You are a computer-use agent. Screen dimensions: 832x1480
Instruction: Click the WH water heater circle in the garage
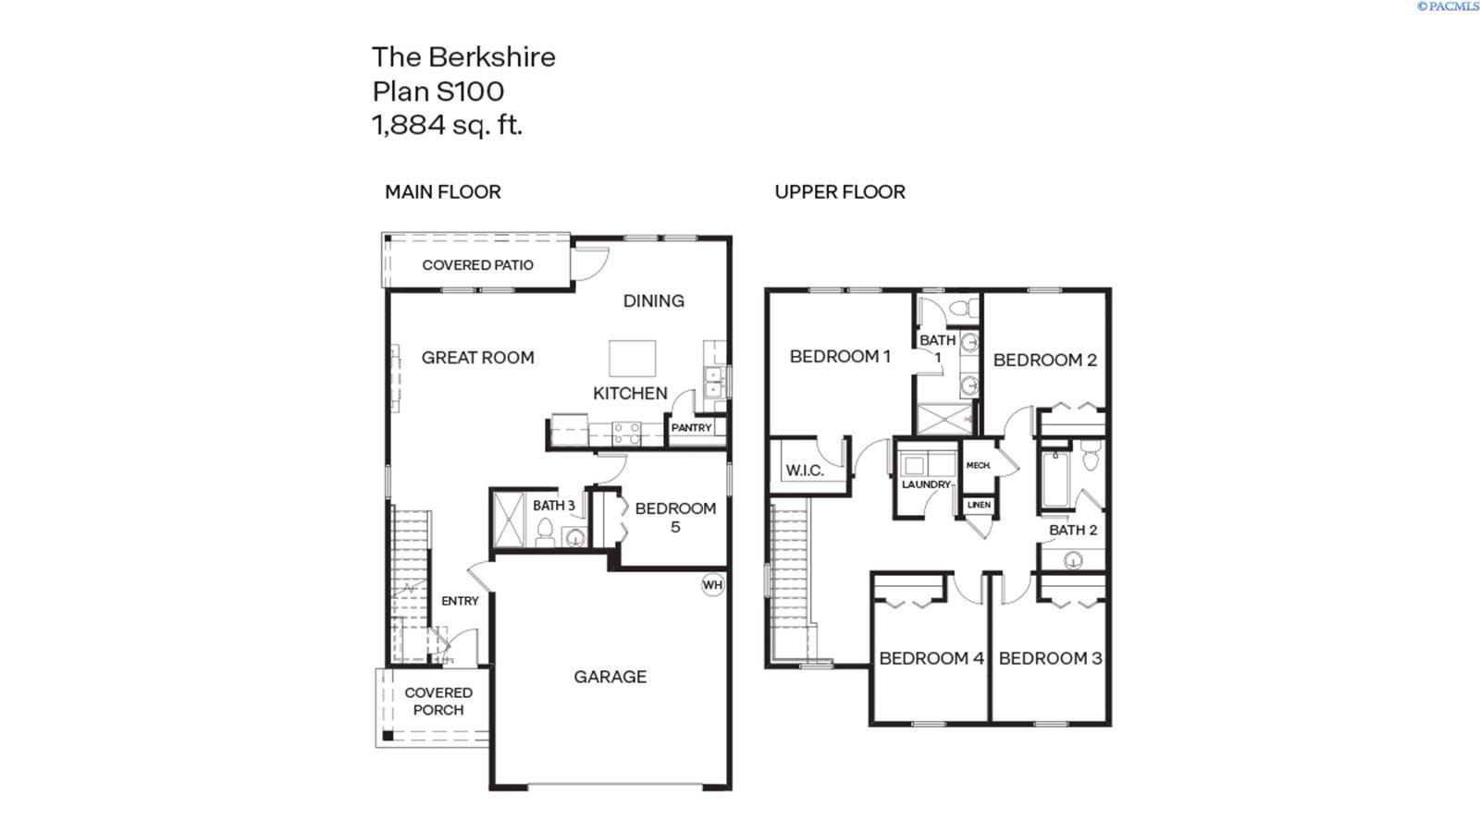[712, 585]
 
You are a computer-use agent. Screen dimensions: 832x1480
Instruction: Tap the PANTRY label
[691, 428]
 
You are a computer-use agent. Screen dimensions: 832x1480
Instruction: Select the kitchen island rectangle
[632, 358]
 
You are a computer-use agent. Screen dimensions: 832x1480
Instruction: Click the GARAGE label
[610, 677]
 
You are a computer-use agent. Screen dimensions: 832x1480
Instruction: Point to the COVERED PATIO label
[477, 265]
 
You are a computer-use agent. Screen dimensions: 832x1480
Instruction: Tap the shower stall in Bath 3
[508, 520]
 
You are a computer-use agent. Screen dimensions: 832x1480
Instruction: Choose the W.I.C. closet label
[804, 471]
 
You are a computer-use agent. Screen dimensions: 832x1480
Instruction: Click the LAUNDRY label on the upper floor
[926, 484]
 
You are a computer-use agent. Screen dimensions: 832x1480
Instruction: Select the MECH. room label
[978, 465]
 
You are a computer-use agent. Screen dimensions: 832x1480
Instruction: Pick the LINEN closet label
[979, 505]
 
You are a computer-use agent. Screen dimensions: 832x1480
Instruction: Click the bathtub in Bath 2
[1054, 480]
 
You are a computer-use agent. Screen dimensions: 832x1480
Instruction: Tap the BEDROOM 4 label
[931, 658]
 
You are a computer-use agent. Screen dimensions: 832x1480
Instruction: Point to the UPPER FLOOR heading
[840, 192]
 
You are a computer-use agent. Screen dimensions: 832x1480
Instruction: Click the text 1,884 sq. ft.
[448, 125]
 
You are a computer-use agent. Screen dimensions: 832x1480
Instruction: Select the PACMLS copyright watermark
[1448, 6]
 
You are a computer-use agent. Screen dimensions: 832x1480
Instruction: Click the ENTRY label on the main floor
[460, 601]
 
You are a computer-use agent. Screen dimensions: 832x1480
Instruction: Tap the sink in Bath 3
[574, 537]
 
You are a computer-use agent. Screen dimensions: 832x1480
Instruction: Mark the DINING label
[653, 300]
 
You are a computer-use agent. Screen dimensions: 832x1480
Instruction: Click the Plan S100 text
[438, 92]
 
